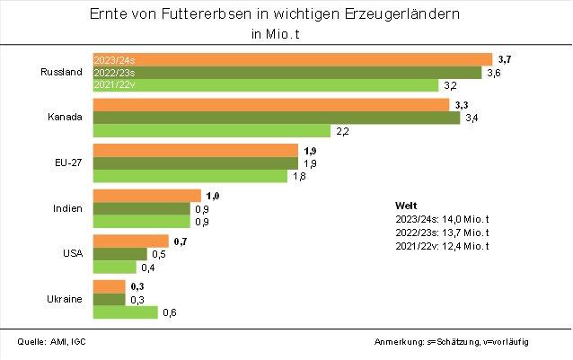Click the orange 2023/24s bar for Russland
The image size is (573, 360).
click(293, 58)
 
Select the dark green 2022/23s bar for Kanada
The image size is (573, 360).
click(277, 118)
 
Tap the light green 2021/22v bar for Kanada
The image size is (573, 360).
click(212, 131)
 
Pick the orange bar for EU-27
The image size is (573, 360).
click(196, 150)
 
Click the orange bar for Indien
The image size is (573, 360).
click(147, 196)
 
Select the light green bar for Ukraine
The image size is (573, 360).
click(126, 312)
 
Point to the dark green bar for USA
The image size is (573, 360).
click(120, 254)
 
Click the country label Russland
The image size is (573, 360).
click(63, 72)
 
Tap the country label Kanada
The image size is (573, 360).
click(66, 118)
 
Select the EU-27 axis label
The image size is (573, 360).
click(68, 163)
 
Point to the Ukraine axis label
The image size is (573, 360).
click(66, 299)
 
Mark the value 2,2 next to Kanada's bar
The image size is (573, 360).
click(342, 131)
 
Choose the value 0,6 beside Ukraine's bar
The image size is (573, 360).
click(169, 312)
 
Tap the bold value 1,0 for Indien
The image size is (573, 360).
click(213, 196)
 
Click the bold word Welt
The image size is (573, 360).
click(406, 206)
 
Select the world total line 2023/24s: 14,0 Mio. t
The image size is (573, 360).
click(441, 219)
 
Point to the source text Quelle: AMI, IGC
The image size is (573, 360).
click(52, 342)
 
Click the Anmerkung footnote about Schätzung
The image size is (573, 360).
click(463, 342)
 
